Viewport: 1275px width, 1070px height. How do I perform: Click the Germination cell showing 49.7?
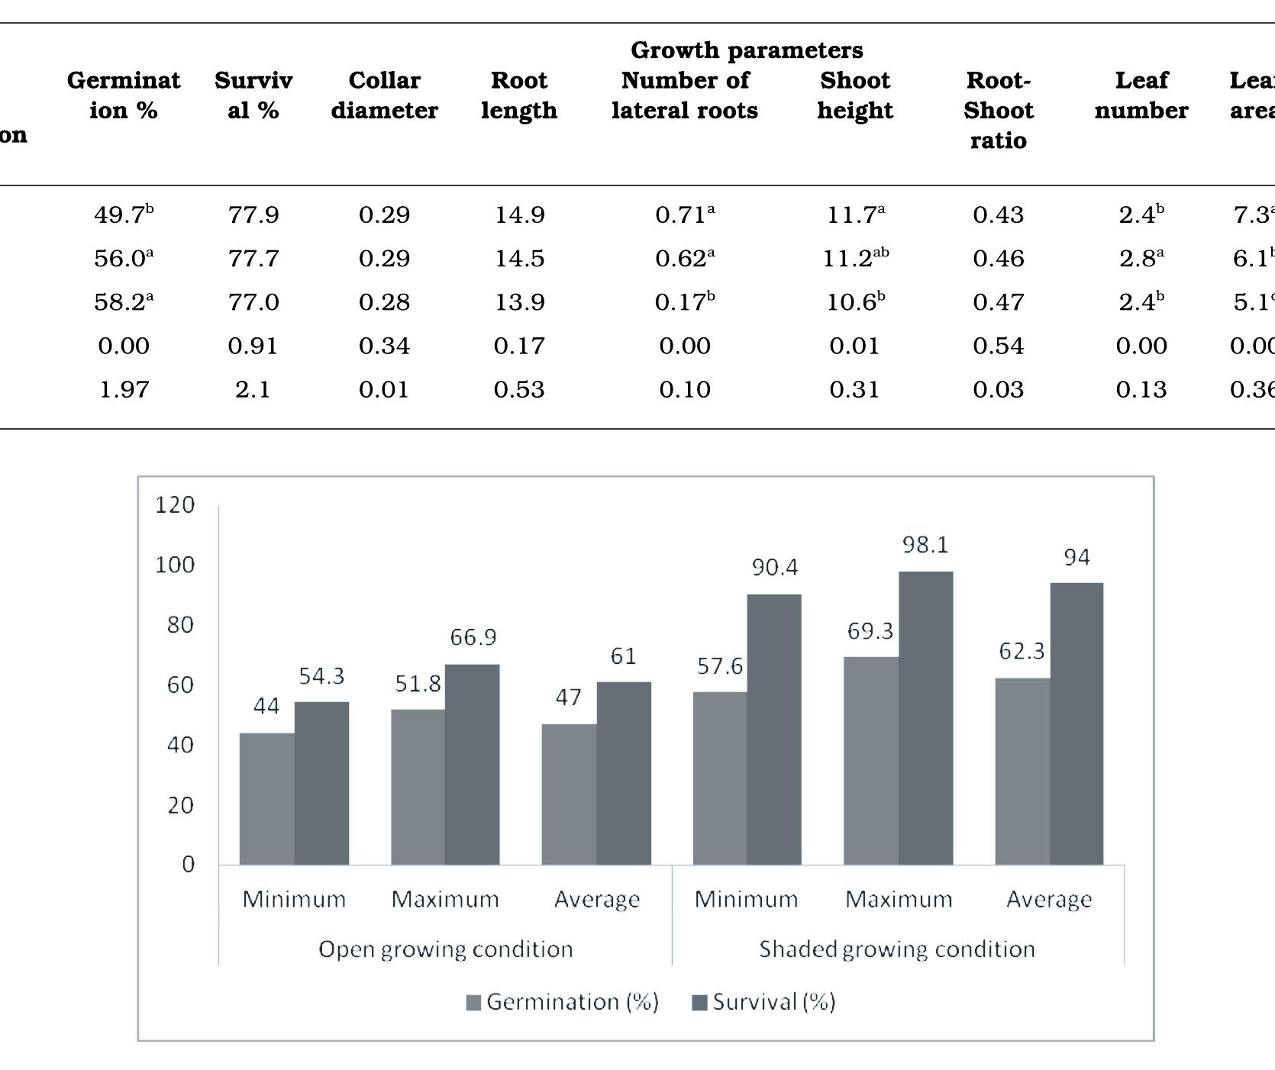coord(123,214)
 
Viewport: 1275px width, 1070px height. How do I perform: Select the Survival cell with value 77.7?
coord(253,258)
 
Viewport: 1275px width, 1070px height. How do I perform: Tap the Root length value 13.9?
coord(519,302)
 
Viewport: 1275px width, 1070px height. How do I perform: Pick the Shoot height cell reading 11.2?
coord(854,259)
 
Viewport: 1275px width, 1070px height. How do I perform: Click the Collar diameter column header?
coord(384,95)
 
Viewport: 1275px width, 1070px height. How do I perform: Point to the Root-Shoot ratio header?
coord(998,110)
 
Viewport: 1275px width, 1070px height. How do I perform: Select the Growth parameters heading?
coord(747,50)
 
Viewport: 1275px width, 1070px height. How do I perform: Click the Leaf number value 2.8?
coord(1141,259)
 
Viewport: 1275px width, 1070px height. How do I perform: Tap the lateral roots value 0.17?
coord(684,302)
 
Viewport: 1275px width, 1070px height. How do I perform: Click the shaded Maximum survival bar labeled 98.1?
coord(925,717)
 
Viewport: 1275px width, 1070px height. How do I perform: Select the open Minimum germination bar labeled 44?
coord(266,798)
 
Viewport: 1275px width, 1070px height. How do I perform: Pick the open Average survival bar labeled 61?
coord(624,772)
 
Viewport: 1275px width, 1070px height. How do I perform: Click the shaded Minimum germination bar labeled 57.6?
coord(719,778)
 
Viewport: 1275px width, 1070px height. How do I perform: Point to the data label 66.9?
coord(473,637)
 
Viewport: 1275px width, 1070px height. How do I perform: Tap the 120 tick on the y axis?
coord(175,505)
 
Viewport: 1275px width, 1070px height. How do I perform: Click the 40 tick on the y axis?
coord(180,745)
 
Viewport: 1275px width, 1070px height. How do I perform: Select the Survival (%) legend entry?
coord(763,1002)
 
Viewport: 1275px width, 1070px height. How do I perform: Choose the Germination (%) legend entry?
coord(563,1002)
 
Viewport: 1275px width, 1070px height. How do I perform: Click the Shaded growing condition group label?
coord(897,949)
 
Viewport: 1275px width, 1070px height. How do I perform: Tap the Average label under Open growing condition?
coord(596,900)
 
